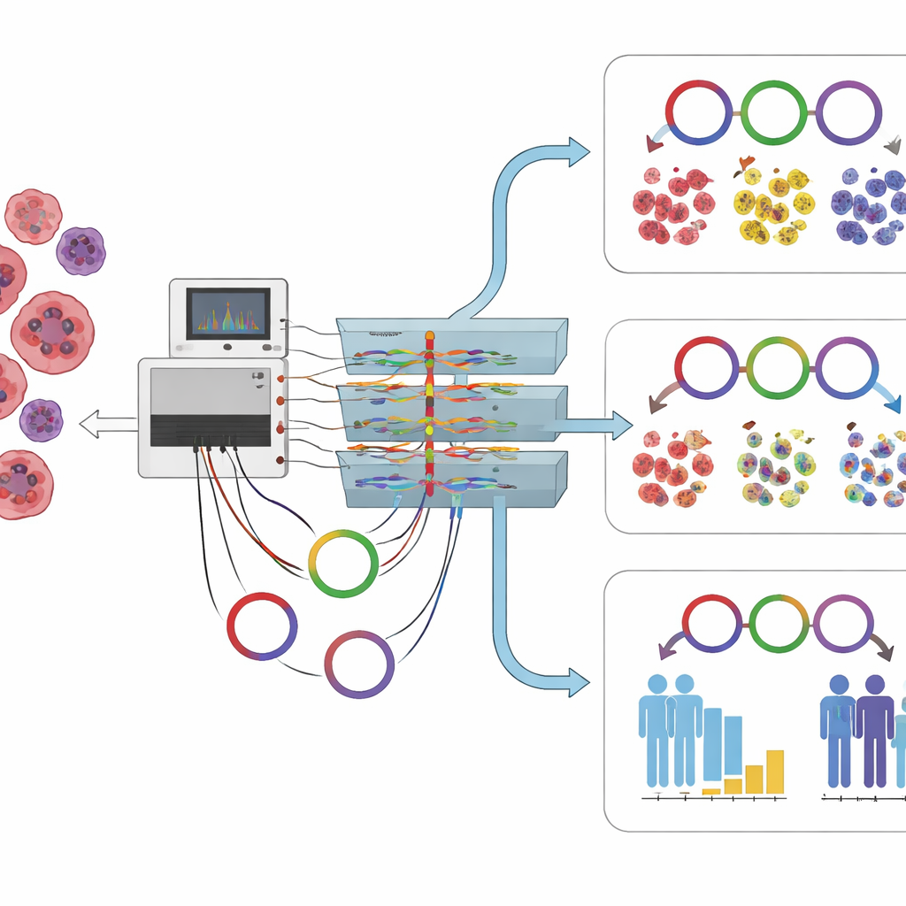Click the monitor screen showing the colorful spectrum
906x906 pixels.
click(x=227, y=314)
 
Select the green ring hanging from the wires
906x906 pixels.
click(x=343, y=564)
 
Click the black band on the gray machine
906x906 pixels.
click(x=210, y=430)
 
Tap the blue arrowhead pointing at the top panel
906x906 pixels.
click(x=578, y=151)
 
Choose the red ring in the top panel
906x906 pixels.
click(x=699, y=112)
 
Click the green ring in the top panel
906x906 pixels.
click(x=773, y=112)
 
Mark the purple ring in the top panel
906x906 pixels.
click(x=848, y=112)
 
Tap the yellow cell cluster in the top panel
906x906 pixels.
click(x=773, y=205)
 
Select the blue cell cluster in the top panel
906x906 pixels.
click(x=868, y=205)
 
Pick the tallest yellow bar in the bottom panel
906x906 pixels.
click(x=775, y=772)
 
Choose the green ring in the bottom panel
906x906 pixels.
click(x=777, y=624)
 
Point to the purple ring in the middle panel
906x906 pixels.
click(x=847, y=368)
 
